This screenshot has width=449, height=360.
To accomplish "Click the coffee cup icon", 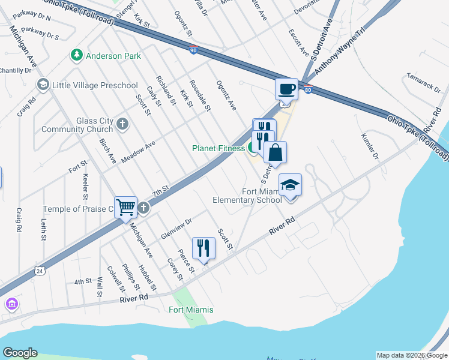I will tap(286, 89).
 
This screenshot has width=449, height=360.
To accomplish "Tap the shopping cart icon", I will tap(126, 207).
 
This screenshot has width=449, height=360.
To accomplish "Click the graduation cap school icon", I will tap(290, 184).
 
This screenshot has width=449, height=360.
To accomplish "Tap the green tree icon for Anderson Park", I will tap(76, 56).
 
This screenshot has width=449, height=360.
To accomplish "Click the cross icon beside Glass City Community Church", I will tap(122, 124).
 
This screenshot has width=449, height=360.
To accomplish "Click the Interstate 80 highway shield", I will tap(307, 91).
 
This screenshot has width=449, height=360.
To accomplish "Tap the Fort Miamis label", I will tap(191, 310).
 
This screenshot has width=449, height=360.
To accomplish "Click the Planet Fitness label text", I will tap(218, 148).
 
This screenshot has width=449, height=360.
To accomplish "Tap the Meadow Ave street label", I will tap(138, 152).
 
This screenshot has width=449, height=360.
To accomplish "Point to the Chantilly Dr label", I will tap(15, 70).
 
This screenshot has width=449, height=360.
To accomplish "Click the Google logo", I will tap(20, 352).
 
